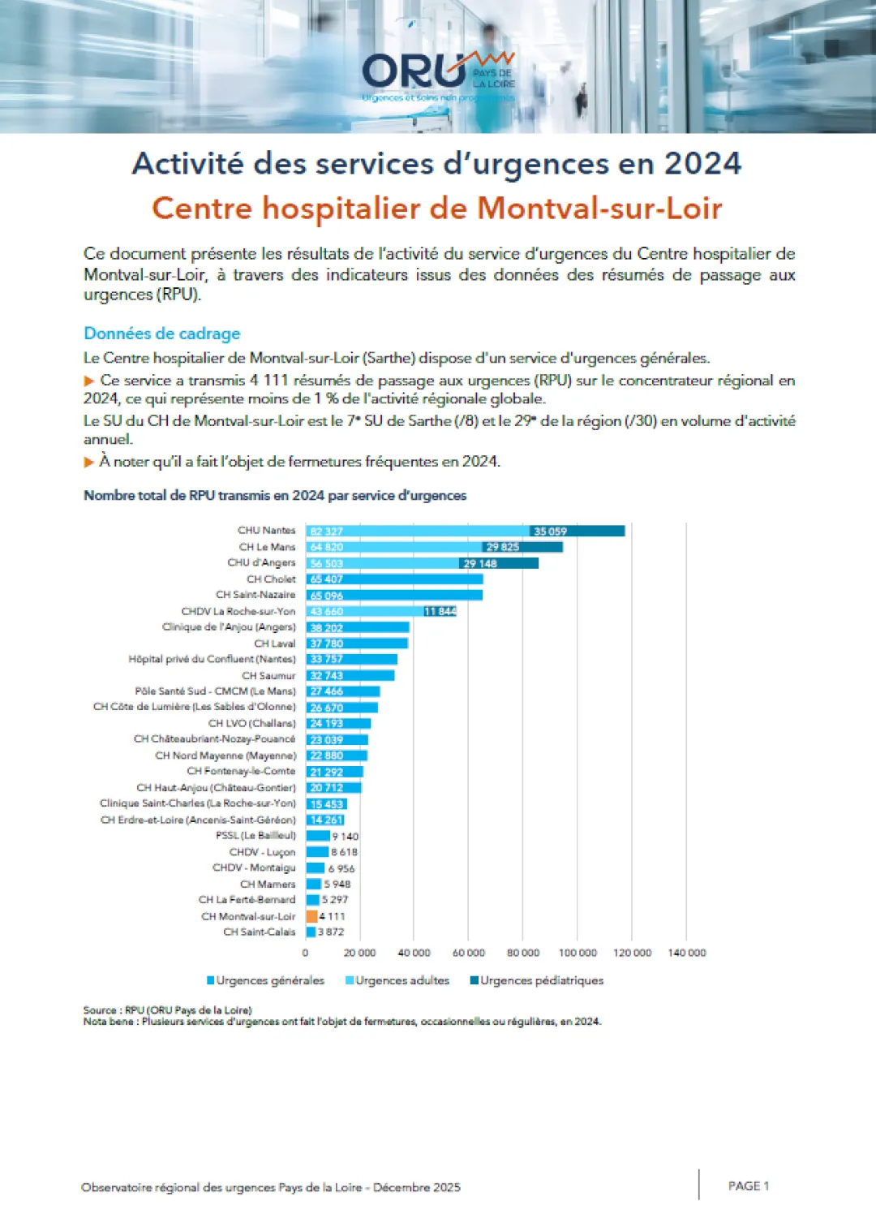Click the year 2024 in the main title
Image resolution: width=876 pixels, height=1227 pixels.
click(x=702, y=163)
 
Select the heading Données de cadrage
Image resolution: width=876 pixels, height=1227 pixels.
click(x=162, y=334)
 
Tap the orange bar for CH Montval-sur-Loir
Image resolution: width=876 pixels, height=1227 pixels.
click(x=311, y=916)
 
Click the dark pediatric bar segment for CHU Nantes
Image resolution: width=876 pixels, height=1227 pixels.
click(x=578, y=531)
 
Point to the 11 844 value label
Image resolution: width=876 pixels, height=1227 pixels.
click(x=440, y=611)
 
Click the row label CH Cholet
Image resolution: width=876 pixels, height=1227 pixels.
click(x=271, y=579)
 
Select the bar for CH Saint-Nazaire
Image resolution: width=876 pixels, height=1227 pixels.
click(x=394, y=595)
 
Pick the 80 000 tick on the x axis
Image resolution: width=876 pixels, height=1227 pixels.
click(x=523, y=953)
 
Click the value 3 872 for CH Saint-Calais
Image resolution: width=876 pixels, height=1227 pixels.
click(x=331, y=932)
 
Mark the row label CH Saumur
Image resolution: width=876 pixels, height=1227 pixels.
click(x=268, y=675)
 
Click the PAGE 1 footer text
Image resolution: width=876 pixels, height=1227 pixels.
click(x=748, y=1186)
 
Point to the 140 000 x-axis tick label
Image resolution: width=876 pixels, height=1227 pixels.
click(x=686, y=953)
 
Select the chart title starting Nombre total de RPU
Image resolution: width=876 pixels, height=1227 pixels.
click(x=275, y=495)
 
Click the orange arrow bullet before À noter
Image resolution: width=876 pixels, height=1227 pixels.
click(x=89, y=462)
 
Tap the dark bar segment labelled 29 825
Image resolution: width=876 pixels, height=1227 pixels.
click(x=522, y=547)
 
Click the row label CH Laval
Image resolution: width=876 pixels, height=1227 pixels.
click(x=275, y=644)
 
